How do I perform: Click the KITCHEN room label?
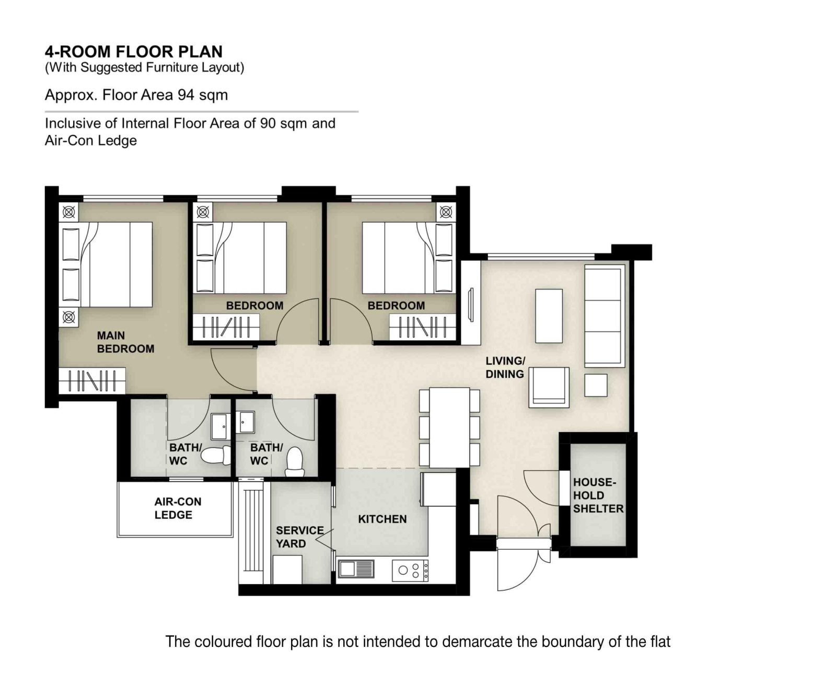[x=382, y=519]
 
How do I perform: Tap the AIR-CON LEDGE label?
[x=177, y=508]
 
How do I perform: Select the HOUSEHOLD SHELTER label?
[x=598, y=495]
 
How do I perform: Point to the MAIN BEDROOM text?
[x=125, y=342]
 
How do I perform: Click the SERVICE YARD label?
[x=299, y=537]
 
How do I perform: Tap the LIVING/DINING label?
[x=505, y=367]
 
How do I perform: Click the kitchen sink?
[x=356, y=569]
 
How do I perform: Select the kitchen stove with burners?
[x=410, y=570]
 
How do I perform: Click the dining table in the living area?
[x=449, y=427]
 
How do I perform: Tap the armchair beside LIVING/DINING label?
[x=549, y=387]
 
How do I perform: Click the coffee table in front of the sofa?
[x=549, y=316]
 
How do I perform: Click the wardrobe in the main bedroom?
[x=92, y=380]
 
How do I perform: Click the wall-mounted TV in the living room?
[x=470, y=305]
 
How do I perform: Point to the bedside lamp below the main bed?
[x=69, y=317]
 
